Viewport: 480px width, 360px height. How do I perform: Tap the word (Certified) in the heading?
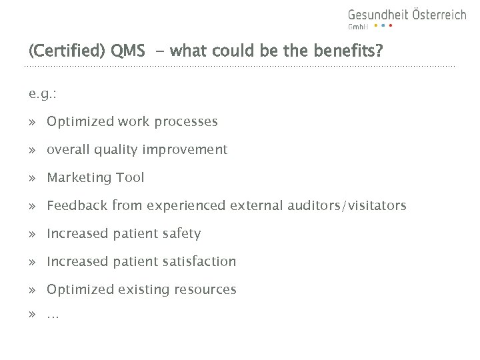[65, 51]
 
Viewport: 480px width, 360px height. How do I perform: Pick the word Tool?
[131, 178]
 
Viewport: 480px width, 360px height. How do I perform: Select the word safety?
[182, 234]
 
